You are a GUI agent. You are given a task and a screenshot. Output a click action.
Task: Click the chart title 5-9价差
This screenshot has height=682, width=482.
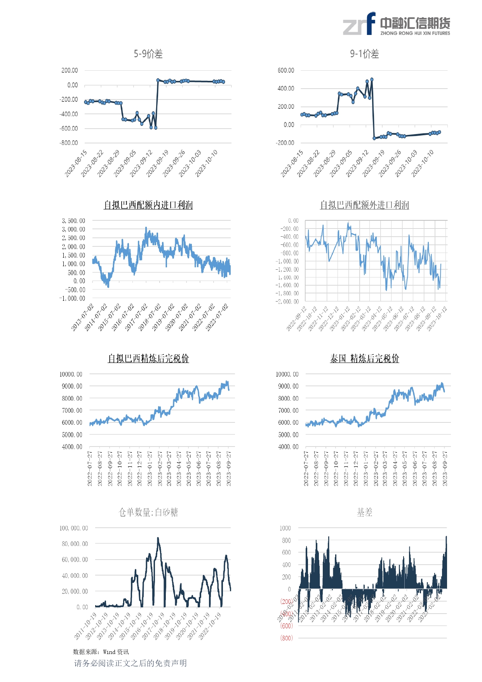[148, 54]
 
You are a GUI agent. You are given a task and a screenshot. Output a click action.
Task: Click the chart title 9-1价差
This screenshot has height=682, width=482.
[364, 54]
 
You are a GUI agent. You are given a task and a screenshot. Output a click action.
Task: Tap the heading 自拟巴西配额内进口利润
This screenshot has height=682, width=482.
[148, 205]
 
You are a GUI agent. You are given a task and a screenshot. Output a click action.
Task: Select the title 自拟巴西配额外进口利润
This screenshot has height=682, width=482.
[364, 205]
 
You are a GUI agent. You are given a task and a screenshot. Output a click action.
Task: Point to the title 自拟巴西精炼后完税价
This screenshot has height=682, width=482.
[148, 358]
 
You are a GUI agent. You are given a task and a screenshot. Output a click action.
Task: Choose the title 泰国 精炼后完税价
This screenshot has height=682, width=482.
[364, 358]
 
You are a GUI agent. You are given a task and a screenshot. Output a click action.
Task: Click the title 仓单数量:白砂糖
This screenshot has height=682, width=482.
[148, 512]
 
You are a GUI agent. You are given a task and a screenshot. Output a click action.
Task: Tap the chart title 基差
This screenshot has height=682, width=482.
[364, 512]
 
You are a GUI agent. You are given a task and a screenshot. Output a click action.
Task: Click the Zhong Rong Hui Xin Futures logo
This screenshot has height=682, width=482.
[396, 24]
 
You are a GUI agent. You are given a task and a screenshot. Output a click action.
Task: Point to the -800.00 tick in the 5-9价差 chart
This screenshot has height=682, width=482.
[69, 143]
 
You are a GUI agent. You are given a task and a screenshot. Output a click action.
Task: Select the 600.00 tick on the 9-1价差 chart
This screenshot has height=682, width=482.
[285, 70]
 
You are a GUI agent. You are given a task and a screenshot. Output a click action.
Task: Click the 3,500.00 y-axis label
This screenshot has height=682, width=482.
[73, 221]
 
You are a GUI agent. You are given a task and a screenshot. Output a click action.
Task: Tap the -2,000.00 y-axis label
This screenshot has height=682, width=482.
[287, 302]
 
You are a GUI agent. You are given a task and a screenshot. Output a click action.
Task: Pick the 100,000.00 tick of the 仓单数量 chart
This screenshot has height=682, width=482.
[74, 528]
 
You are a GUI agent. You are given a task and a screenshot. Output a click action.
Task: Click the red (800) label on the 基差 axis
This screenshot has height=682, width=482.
[287, 638]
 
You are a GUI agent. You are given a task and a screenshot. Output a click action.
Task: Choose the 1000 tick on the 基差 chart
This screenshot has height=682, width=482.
[285, 528]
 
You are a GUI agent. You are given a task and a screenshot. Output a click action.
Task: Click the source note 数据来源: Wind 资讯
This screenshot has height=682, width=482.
[101, 652]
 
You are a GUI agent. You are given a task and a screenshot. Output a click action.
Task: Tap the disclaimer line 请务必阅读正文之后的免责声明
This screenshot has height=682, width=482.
[131, 663]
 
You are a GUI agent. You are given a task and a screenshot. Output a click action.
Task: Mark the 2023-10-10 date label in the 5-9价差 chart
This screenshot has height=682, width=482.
[207, 164]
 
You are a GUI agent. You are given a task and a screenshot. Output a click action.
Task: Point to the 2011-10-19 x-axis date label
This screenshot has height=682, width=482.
[85, 626]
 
